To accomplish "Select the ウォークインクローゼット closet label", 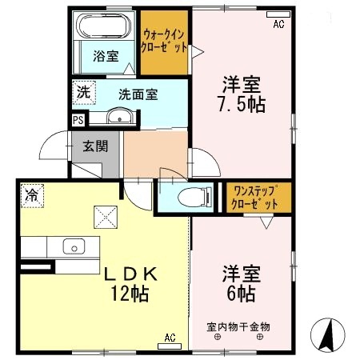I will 166,40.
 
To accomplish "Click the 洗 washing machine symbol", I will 83,92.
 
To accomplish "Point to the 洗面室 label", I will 138,94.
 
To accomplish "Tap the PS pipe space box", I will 78,120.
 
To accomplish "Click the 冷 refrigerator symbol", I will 31,194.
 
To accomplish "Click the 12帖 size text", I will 130,294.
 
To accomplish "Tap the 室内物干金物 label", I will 238,327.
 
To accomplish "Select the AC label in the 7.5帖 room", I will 278,25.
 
